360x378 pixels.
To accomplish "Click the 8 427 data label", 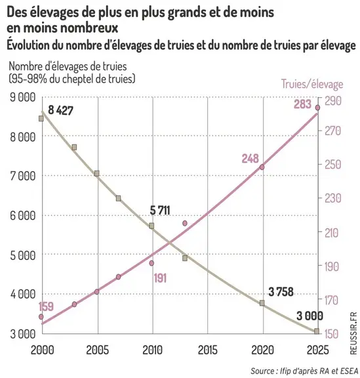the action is click(x=60, y=110).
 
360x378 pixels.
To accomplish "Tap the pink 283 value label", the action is click(x=302, y=104).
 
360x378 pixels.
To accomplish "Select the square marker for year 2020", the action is click(x=262, y=303).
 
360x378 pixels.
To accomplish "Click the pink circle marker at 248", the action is click(x=262, y=167).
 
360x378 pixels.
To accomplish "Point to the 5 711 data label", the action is click(x=160, y=210).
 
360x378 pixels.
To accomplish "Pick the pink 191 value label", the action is click(x=160, y=278).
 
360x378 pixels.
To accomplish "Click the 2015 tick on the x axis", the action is click(x=207, y=350).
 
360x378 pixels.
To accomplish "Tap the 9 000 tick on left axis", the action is click(x=23, y=97).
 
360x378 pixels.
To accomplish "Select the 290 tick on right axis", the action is click(x=333, y=101).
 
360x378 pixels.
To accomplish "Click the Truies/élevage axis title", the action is click(x=312, y=84).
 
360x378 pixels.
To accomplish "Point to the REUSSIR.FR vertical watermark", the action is click(x=353, y=333).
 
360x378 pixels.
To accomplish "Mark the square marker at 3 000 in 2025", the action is click(x=317, y=331).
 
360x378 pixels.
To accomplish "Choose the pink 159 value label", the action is click(x=46, y=306).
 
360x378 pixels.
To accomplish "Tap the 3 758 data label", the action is click(x=281, y=291).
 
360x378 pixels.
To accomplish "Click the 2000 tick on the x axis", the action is click(x=43, y=350).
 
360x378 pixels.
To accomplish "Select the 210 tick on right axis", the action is click(x=332, y=233).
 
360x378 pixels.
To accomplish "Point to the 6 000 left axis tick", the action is click(x=23, y=215).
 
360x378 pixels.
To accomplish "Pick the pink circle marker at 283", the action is click(x=317, y=108).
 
